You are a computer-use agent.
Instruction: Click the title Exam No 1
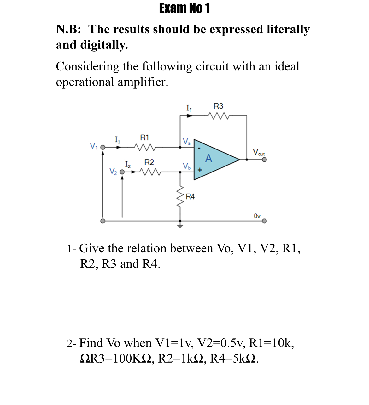coord(184,8)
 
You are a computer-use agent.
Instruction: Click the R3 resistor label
coord(218,106)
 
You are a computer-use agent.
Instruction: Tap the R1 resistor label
coord(144,138)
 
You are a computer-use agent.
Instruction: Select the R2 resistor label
coord(149,162)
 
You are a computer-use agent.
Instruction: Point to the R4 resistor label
coord(190,197)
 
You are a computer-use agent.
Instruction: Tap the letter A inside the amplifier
coord(208,158)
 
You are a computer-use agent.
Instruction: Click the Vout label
coord(259,153)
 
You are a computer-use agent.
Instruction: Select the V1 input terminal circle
coord(102,147)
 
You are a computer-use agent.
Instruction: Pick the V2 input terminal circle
coord(122,172)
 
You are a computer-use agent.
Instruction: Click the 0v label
coord(257,216)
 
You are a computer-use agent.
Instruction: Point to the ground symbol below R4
coord(180,225)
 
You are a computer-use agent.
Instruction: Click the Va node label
coord(187,141)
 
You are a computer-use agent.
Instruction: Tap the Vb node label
coord(187,166)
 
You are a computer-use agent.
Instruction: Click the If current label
coord(188,109)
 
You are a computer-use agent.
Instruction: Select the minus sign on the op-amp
coord(199,148)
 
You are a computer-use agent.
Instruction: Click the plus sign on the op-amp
coord(199,170)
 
